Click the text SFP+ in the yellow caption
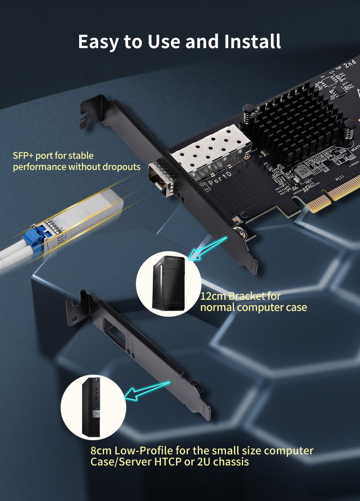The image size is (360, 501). coord(23,156)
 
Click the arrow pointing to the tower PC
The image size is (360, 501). coord(207,249)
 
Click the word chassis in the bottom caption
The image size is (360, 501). coord(231,462)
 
